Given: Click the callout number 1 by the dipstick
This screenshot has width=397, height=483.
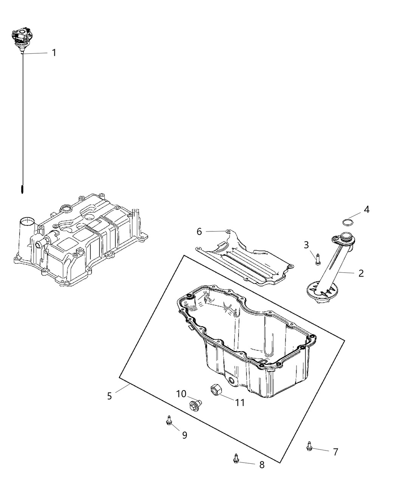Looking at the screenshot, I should (54, 53).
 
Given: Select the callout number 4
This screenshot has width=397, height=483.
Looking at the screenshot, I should (366, 209).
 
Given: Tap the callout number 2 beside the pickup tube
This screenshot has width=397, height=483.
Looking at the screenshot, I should (361, 273).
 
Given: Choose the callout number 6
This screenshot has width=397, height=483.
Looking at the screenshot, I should (199, 231).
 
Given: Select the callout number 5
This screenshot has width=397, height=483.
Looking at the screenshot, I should (109, 396).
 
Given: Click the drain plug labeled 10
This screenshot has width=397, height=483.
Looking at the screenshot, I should (195, 405).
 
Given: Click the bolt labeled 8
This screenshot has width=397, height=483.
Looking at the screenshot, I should (236, 458).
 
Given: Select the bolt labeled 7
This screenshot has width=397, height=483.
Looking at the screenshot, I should (309, 447).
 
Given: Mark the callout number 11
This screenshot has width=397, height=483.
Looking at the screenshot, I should (240, 402).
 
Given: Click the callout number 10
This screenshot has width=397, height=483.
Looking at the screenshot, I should (181, 394).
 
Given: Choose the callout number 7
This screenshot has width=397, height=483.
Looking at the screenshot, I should (335, 452).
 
